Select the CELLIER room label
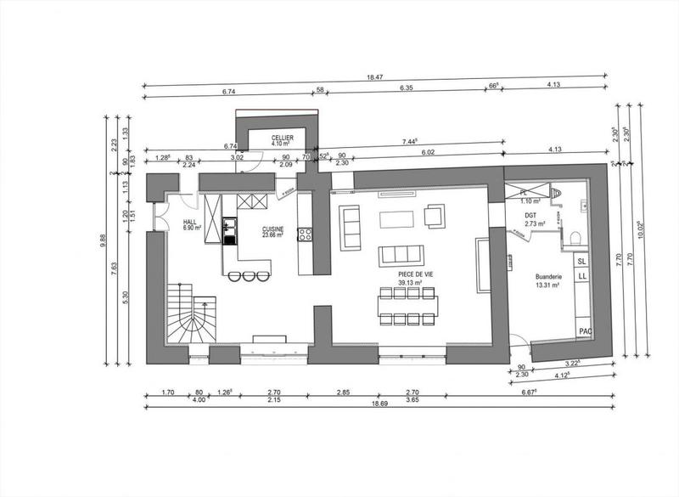[x=283, y=139]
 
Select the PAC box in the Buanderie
[x=584, y=330]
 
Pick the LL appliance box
[x=583, y=277]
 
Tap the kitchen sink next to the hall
[x=228, y=227]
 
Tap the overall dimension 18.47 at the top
[x=375, y=78]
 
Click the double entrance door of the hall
[x=157, y=217]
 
